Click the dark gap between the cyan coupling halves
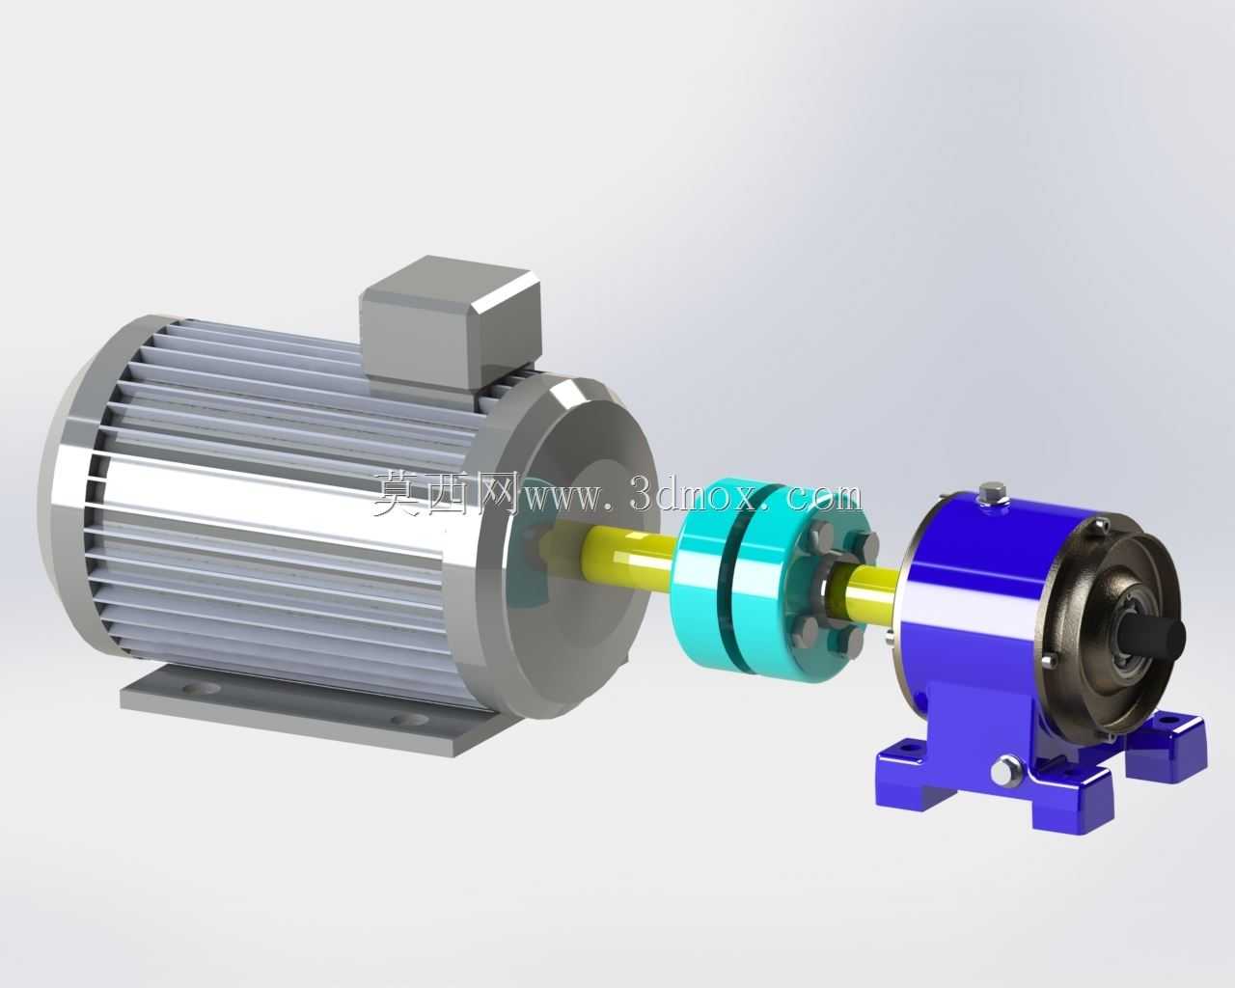click(x=731, y=580)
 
